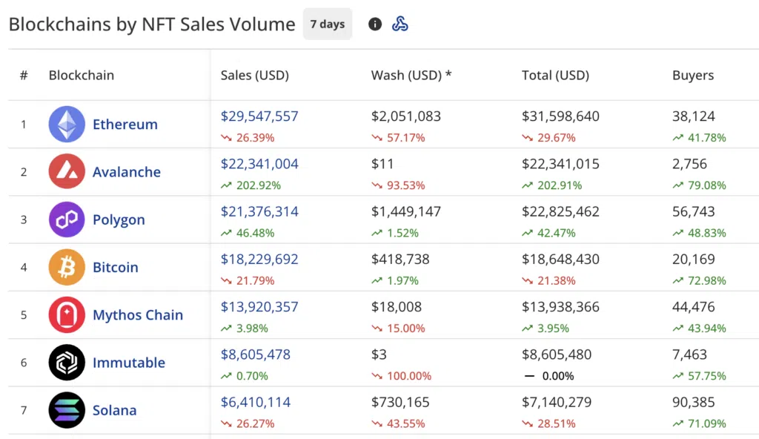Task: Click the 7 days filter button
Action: coord(327,24)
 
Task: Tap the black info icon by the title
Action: coord(375,24)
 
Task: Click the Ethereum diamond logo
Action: coord(67,125)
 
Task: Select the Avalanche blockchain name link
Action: coord(126,172)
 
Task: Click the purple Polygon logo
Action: coord(67,219)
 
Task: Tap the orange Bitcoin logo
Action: coord(67,268)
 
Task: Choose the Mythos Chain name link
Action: coord(137,315)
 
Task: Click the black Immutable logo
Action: coord(67,363)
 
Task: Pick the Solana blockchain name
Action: coord(114,410)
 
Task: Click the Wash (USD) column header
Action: coord(411,75)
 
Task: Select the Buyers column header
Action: coord(693,75)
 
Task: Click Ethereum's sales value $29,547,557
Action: coord(259,116)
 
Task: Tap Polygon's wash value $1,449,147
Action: coord(406,211)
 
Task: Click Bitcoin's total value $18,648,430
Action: coord(560,260)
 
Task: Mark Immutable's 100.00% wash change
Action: coord(405,376)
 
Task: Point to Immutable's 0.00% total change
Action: coord(558,376)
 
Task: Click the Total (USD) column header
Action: coord(555,75)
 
